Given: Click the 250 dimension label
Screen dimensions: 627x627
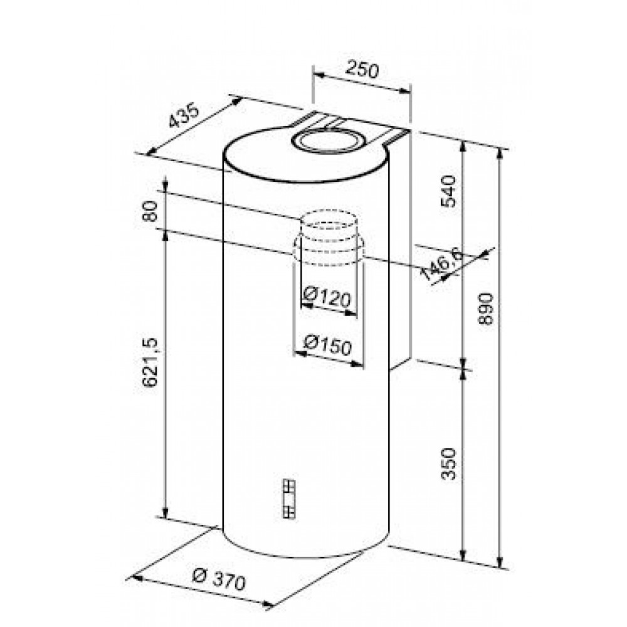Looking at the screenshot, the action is click(362, 70).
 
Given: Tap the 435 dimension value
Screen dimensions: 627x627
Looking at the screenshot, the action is click(184, 115).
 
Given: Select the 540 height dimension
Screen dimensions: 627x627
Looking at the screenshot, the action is click(448, 191).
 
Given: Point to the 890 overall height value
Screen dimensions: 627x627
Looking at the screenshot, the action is click(487, 308).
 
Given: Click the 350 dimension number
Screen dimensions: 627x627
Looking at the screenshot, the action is click(448, 464).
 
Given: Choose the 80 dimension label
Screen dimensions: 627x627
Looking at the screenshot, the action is click(150, 211).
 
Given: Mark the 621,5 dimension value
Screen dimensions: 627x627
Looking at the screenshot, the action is click(150, 362).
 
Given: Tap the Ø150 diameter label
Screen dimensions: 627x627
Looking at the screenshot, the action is click(327, 345).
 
